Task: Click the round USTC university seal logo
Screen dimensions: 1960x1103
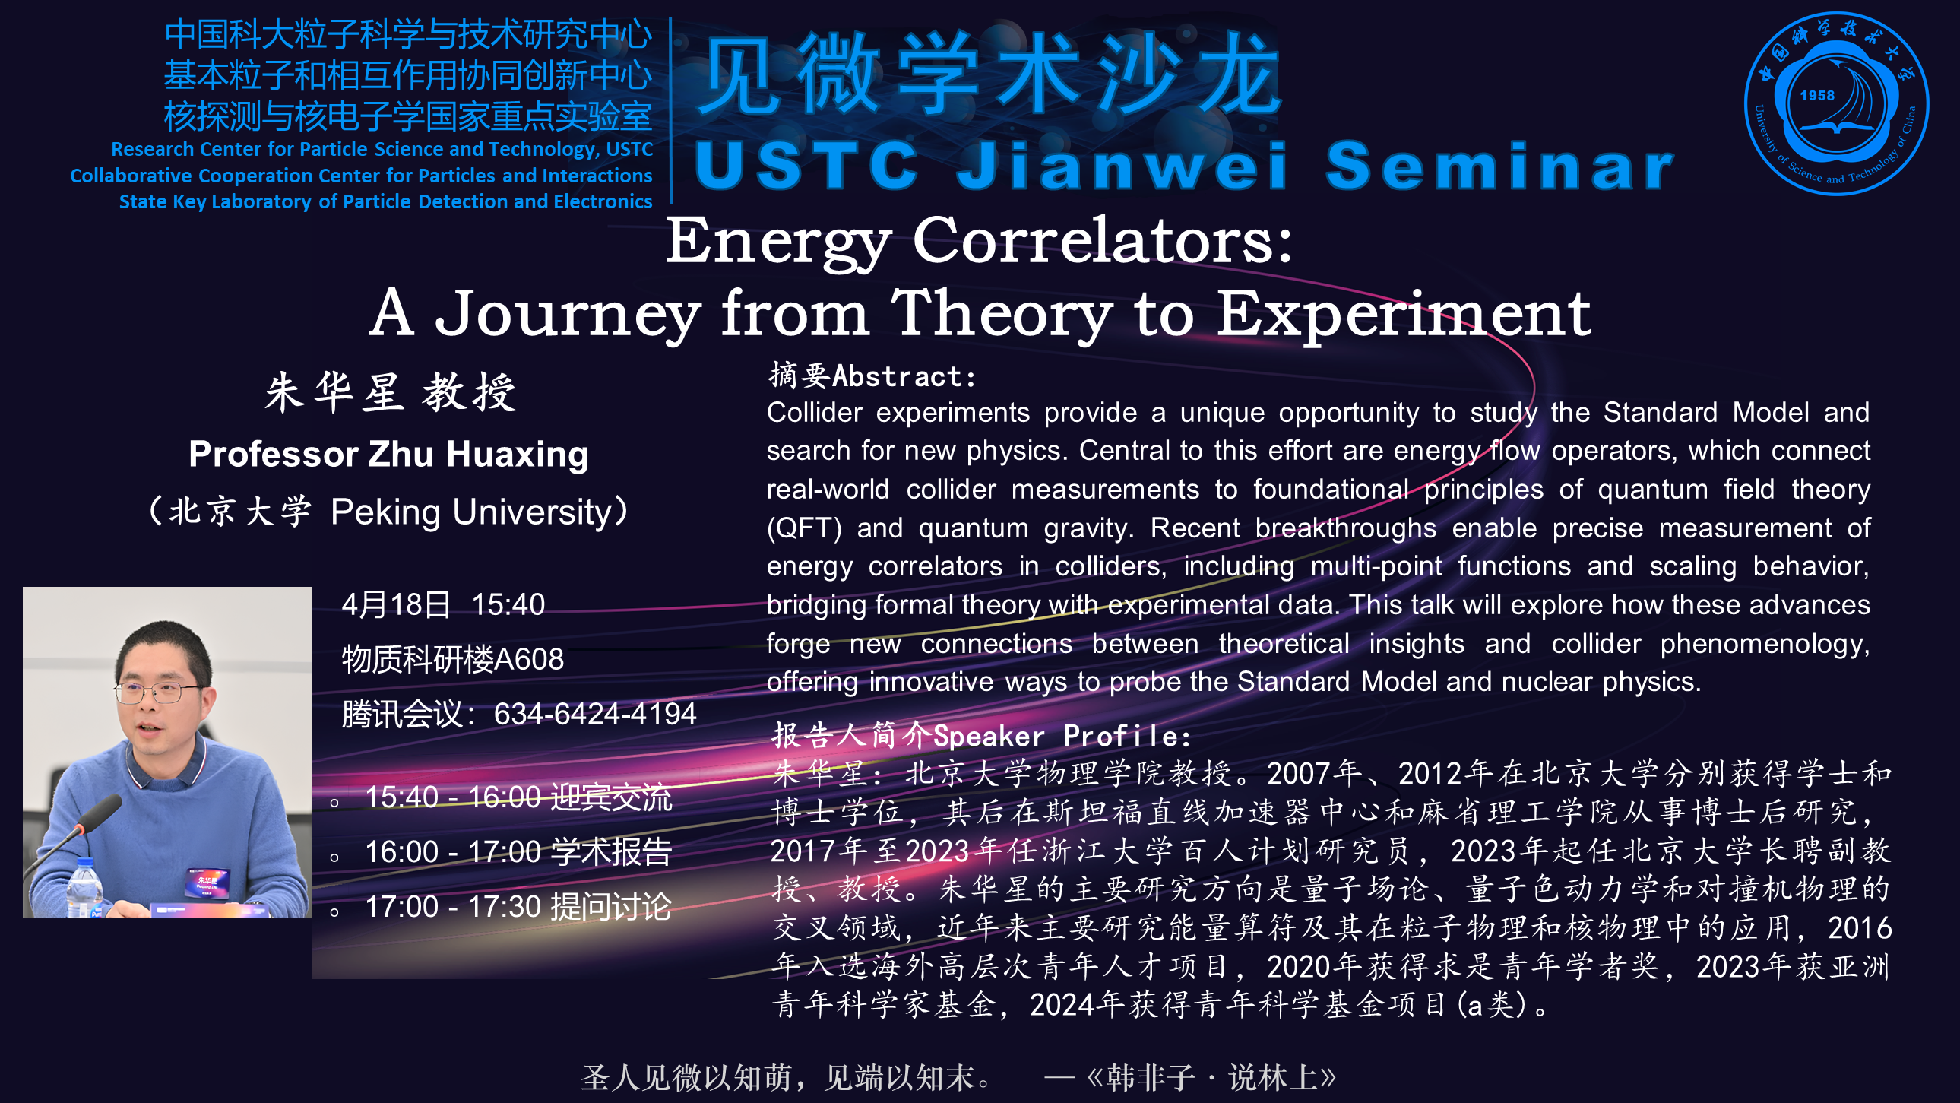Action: click(1836, 103)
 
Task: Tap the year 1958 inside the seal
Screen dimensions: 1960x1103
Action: click(1817, 96)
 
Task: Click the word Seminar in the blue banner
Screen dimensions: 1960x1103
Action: click(1499, 165)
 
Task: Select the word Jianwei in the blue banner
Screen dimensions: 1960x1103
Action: click(1122, 165)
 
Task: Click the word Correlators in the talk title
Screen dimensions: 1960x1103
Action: click(1103, 241)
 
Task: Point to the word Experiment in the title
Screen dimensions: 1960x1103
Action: click(1404, 315)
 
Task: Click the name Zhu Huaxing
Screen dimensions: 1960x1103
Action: click(480, 455)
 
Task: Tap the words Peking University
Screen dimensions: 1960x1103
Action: click(471, 512)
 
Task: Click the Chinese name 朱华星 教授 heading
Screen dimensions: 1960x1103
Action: click(391, 393)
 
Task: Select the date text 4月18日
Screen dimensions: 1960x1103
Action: click(397, 605)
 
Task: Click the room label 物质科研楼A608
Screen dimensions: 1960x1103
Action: click(453, 659)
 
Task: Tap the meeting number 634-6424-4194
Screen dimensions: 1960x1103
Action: click(595, 714)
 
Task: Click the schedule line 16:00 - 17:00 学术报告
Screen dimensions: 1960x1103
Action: click(518, 852)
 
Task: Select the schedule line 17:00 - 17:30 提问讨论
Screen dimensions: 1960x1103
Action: click(518, 907)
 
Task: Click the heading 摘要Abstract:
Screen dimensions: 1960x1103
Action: click(872, 376)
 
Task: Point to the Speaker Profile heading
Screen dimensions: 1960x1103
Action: click(982, 736)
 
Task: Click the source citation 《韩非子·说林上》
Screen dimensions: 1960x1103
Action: click(1211, 1078)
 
